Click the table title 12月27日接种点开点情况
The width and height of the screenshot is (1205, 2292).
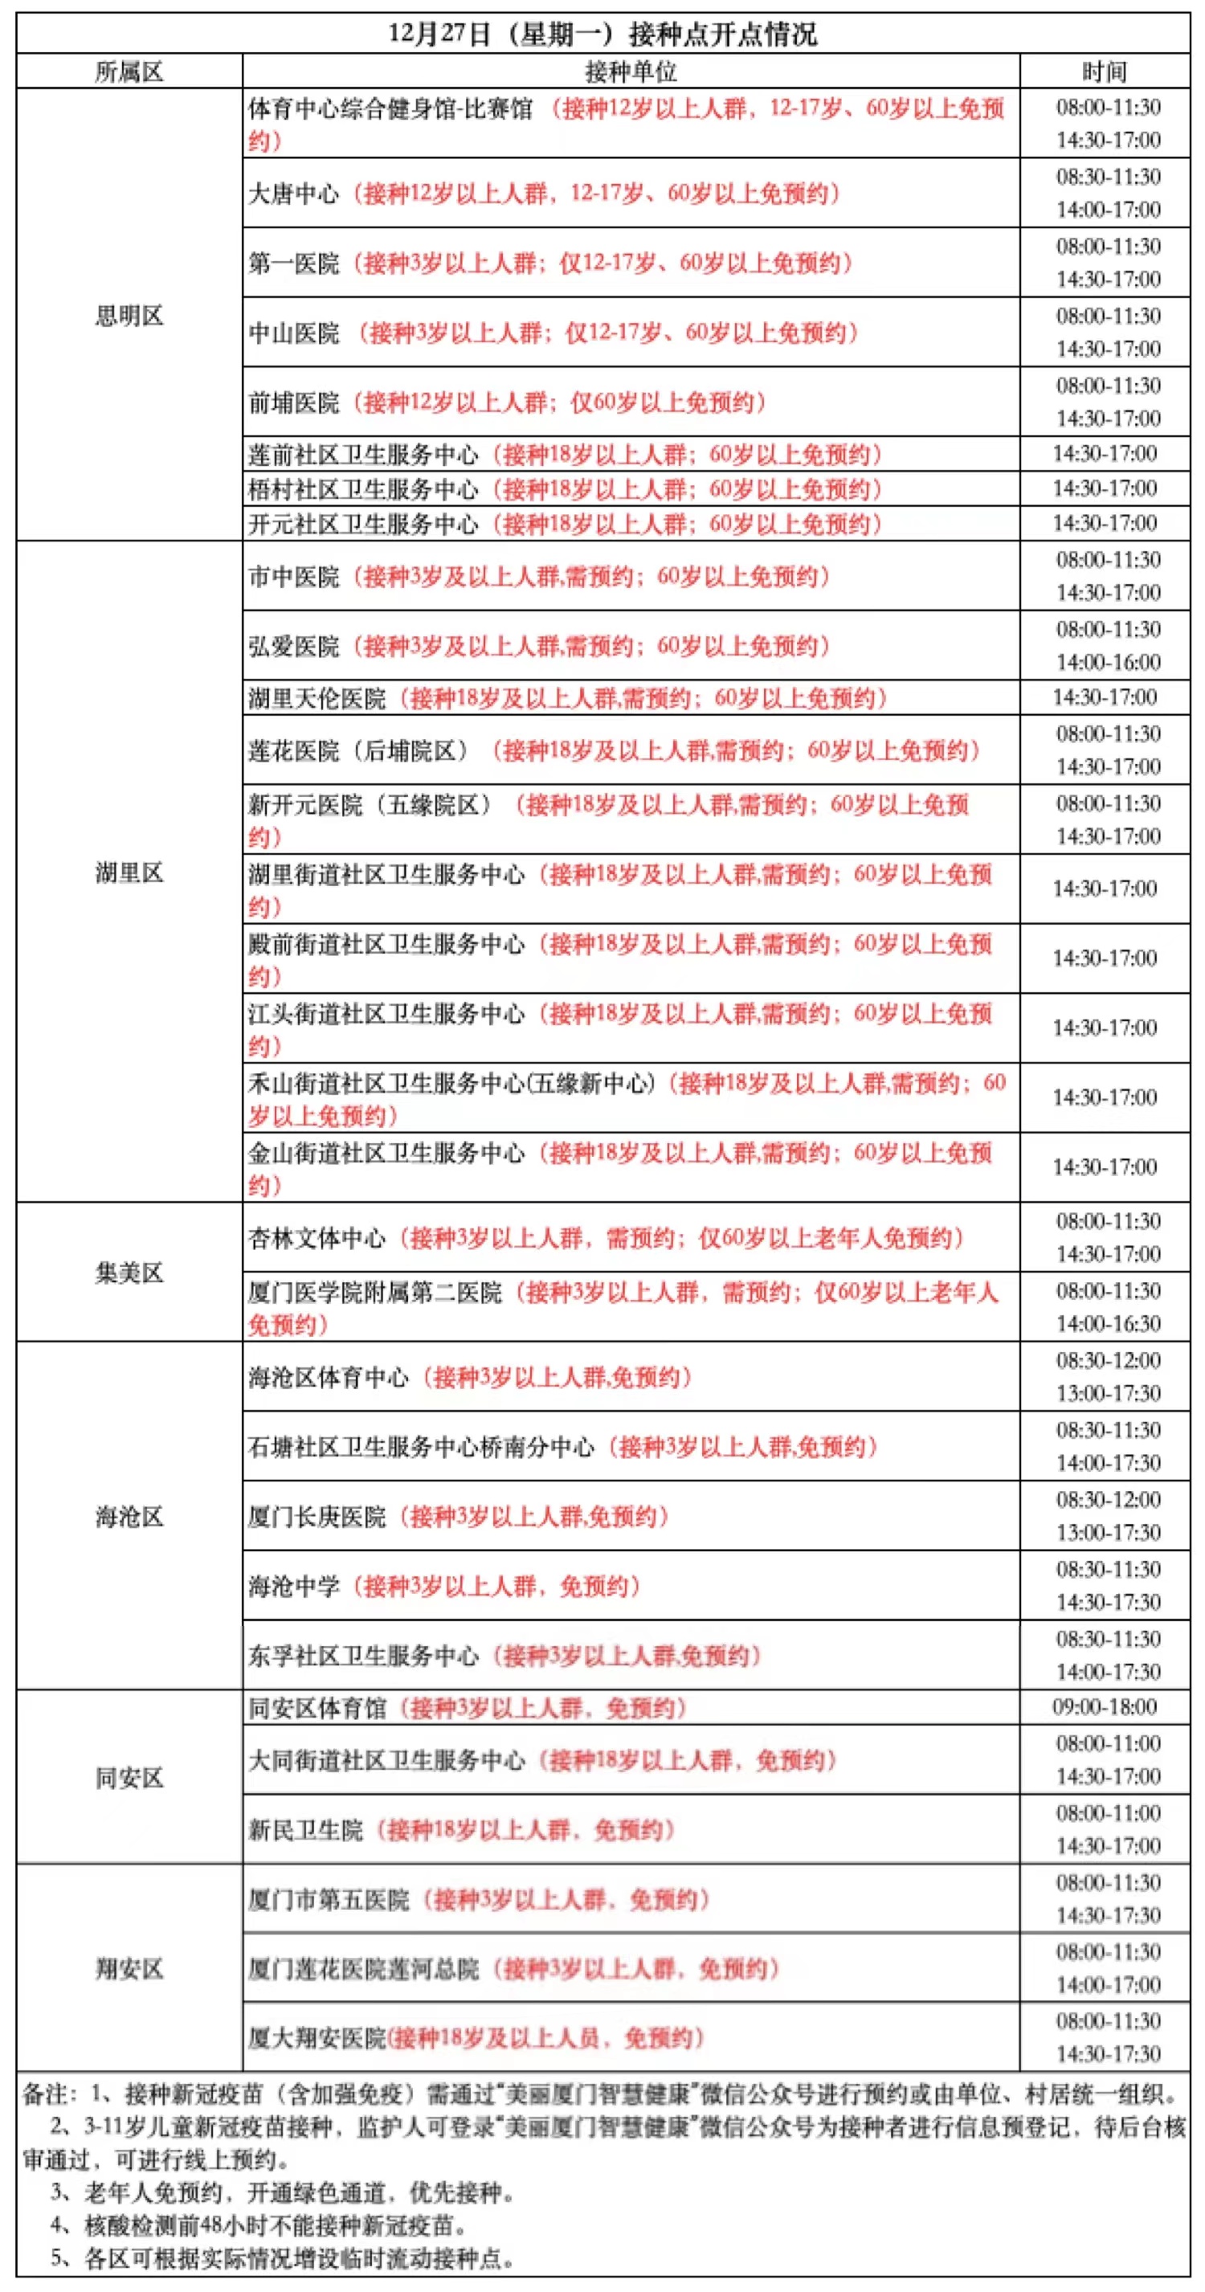tap(602, 34)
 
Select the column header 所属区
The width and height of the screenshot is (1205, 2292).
tap(129, 71)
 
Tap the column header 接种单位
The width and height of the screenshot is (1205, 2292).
tap(630, 71)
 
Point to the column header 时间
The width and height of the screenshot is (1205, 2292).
tap(1105, 71)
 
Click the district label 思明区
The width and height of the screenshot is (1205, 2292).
tap(129, 316)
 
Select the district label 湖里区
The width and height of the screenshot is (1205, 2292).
tap(129, 872)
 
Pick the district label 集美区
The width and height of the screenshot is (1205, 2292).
tap(129, 1273)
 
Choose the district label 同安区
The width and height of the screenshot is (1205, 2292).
tap(129, 1778)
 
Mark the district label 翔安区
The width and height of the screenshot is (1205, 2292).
tap(129, 1968)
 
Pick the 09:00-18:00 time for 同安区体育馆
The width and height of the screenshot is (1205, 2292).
tap(1105, 1707)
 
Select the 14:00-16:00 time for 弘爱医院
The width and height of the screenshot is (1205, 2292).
tap(1108, 663)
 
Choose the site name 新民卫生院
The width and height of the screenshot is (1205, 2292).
tap(305, 1830)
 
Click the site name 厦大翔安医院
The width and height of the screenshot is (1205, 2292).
tap(317, 2038)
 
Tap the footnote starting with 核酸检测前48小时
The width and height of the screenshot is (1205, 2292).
tap(258, 2225)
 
